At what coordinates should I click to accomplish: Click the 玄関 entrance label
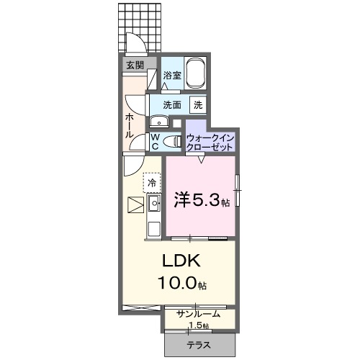(135, 66)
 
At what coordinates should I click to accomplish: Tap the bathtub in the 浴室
(196, 74)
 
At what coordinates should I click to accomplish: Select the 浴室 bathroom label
(171, 75)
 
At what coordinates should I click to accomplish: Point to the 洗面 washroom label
(171, 104)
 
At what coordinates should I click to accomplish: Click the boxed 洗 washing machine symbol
(197, 104)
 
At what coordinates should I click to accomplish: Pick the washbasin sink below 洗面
(157, 120)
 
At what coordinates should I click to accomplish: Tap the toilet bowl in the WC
(172, 142)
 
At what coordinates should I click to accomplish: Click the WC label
(155, 141)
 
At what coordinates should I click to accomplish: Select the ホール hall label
(129, 125)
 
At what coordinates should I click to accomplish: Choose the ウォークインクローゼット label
(210, 141)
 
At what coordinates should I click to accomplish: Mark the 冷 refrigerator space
(152, 184)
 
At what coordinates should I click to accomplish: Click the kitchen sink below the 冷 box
(154, 205)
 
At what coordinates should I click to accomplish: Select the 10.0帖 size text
(182, 284)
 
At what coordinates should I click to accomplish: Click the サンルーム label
(199, 315)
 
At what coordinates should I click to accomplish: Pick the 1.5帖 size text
(199, 325)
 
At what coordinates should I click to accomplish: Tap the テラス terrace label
(199, 345)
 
